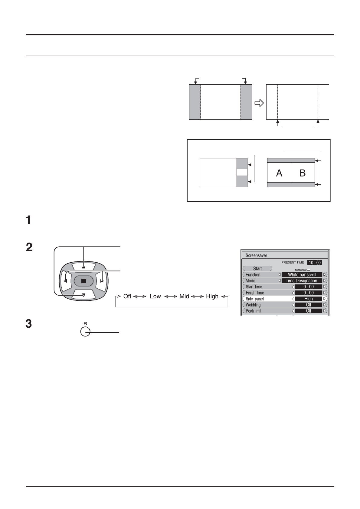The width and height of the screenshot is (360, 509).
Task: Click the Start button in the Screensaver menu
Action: click(x=257, y=268)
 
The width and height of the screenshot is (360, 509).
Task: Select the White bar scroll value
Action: click(x=302, y=274)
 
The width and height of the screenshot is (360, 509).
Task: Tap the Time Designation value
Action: click(x=301, y=280)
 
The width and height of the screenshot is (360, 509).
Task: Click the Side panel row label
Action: click(x=255, y=299)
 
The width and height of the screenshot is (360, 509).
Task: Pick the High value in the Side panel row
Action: click(x=308, y=299)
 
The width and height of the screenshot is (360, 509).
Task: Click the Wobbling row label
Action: click(x=253, y=305)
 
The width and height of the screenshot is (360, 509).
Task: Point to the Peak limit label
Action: click(x=254, y=311)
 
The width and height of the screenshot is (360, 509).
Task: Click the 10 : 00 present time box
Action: click(x=315, y=263)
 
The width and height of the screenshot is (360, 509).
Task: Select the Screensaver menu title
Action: click(x=257, y=255)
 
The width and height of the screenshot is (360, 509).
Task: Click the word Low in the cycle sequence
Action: click(x=155, y=297)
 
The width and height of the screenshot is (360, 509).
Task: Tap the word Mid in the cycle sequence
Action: click(x=184, y=297)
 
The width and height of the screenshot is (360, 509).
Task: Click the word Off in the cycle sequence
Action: click(x=127, y=297)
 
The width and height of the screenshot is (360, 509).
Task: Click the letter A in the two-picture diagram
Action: click(x=279, y=173)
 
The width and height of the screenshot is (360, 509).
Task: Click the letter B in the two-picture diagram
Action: click(x=303, y=173)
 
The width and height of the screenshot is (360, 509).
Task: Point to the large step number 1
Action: click(x=28, y=220)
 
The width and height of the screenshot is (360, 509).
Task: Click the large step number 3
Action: click(x=28, y=324)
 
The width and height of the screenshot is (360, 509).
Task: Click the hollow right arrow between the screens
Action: click(x=259, y=103)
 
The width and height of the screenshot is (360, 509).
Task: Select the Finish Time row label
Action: click(x=255, y=293)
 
